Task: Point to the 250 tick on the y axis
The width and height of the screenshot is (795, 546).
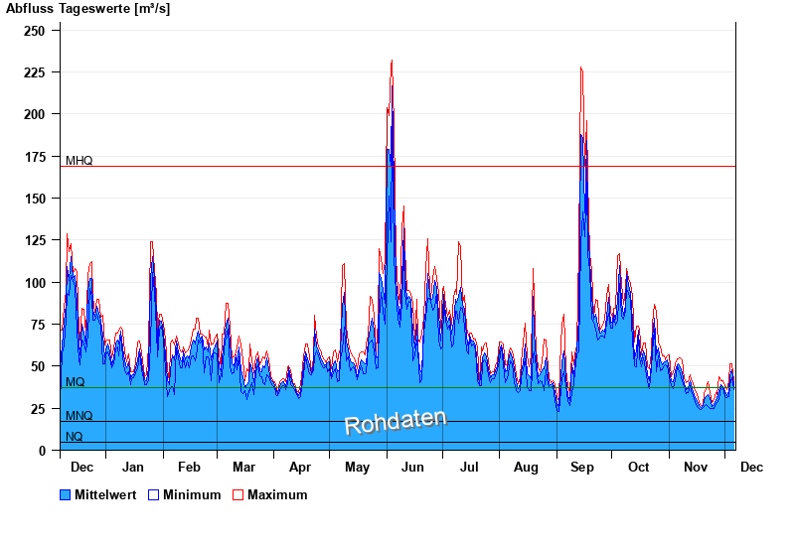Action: tap(35, 31)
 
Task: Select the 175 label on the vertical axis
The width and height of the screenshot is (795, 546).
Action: tap(35, 157)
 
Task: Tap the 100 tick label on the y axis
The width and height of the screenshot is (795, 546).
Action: tap(35, 283)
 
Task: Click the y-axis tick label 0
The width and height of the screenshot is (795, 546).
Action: tap(42, 451)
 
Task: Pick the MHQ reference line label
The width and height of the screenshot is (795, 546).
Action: tap(79, 161)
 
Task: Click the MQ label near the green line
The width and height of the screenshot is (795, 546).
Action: tap(76, 382)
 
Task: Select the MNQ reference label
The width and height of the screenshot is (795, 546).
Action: tap(79, 416)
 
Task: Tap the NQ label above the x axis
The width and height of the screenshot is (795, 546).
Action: tap(75, 437)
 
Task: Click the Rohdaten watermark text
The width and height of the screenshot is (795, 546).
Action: tap(396, 422)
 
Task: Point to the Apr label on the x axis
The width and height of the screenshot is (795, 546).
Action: tap(300, 467)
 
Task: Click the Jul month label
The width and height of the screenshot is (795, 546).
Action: tap(469, 467)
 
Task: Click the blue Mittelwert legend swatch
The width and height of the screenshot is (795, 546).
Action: tap(66, 494)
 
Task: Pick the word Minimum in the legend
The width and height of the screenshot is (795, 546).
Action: tap(192, 494)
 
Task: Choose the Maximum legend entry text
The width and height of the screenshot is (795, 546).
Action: tap(277, 494)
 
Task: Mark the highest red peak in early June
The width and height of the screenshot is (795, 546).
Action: tap(392, 61)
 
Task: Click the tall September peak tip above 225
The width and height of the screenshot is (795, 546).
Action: tap(580, 68)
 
